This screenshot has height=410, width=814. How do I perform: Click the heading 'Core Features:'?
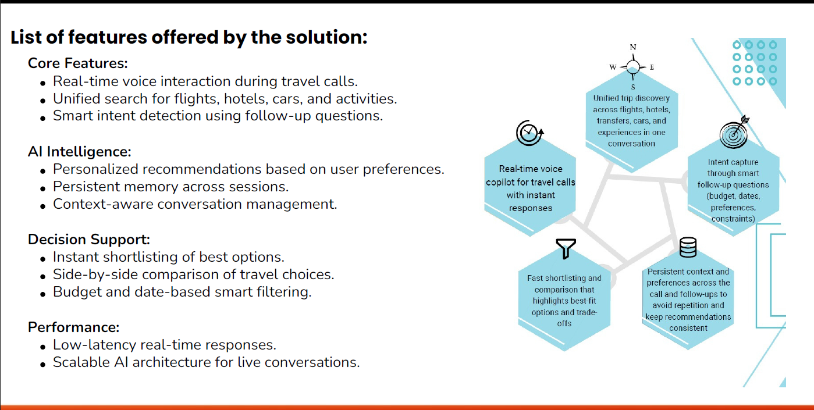[x=77, y=63]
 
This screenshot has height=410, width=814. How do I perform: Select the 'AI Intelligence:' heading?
[x=79, y=151]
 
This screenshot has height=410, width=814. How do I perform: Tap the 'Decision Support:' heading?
[x=89, y=239]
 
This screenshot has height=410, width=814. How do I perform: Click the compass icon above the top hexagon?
[x=633, y=67]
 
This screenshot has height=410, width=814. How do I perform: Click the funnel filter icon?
[x=565, y=248]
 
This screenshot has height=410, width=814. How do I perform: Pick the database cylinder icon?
[x=688, y=248]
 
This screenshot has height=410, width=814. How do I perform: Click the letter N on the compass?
[x=633, y=47]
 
